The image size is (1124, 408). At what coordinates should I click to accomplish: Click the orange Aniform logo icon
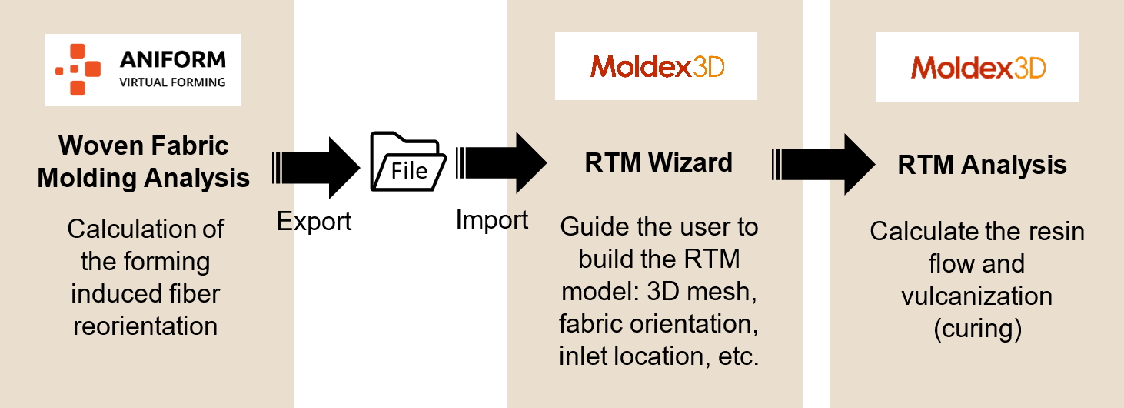pyautogui.click(x=78, y=69)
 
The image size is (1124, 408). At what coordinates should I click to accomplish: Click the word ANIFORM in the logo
pyautogui.click(x=173, y=60)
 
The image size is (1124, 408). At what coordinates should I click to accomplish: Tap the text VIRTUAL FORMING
pyautogui.click(x=172, y=82)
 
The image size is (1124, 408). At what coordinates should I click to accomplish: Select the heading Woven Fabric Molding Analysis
pyautogui.click(x=144, y=162)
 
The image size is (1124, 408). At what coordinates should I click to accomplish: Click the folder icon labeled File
pyautogui.click(x=408, y=162)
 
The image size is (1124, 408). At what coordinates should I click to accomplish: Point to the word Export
pyautogui.click(x=314, y=222)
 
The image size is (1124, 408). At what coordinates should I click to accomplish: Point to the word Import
pyautogui.click(x=492, y=220)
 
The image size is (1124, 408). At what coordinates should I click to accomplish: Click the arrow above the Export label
pyautogui.click(x=316, y=167)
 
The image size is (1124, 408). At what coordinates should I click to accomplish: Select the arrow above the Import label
pyautogui.click(x=501, y=162)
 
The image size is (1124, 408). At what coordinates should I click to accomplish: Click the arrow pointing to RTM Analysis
pyautogui.click(x=823, y=164)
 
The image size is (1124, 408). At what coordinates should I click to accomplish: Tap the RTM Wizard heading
pyautogui.click(x=658, y=162)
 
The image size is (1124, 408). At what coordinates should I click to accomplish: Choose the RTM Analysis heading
pyautogui.click(x=982, y=166)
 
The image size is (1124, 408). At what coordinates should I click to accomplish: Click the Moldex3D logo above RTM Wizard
pyautogui.click(x=657, y=67)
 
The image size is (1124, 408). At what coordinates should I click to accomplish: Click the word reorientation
pyautogui.click(x=145, y=326)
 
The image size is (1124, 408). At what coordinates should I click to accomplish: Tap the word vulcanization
pyautogui.click(x=976, y=296)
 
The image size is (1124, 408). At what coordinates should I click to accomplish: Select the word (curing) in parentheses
pyautogui.click(x=977, y=329)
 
